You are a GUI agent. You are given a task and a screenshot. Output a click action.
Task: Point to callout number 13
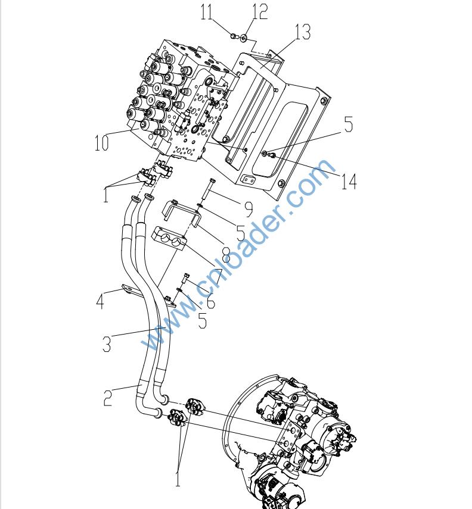pyautogui.click(x=303, y=32)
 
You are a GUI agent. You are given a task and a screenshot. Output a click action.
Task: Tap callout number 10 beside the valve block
pyautogui.click(x=101, y=143)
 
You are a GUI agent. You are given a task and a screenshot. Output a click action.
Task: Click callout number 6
pyautogui.click(x=210, y=301)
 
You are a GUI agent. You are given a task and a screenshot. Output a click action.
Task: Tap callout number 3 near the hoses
pyautogui.click(x=106, y=344)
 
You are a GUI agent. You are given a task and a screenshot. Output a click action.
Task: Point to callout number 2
pyautogui.click(x=108, y=397)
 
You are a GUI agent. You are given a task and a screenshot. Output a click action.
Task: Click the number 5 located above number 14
pyautogui.click(x=349, y=125)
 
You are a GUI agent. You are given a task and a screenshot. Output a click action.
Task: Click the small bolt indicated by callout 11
pyautogui.click(x=233, y=37)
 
